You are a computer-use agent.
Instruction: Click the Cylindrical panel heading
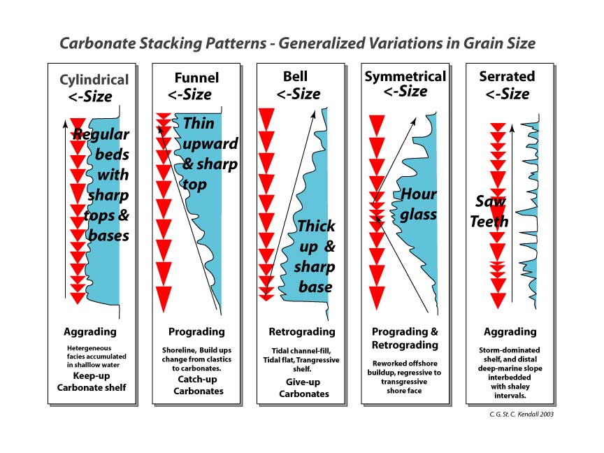click(94, 80)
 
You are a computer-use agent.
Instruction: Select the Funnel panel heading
click(196, 78)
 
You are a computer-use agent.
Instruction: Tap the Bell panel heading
click(295, 76)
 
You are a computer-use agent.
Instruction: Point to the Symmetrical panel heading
click(405, 77)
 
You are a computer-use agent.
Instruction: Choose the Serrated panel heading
click(507, 76)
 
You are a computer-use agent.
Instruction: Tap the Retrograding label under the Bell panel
click(302, 332)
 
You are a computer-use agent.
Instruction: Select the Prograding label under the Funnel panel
click(196, 332)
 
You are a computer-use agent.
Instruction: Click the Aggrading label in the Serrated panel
click(510, 332)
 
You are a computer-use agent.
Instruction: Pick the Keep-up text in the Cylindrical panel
click(92, 376)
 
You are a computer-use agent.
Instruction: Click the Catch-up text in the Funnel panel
click(197, 380)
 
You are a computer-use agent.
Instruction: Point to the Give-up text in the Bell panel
click(303, 382)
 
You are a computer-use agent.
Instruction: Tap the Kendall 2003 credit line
click(522, 415)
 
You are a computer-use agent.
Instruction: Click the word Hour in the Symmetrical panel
click(419, 194)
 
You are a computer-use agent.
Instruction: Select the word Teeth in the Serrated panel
click(489, 222)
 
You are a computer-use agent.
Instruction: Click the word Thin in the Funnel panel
click(199, 124)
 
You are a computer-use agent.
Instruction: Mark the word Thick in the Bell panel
click(316, 226)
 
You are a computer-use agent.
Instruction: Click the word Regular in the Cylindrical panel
click(101, 135)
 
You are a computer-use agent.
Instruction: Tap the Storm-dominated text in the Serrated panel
click(509, 350)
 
